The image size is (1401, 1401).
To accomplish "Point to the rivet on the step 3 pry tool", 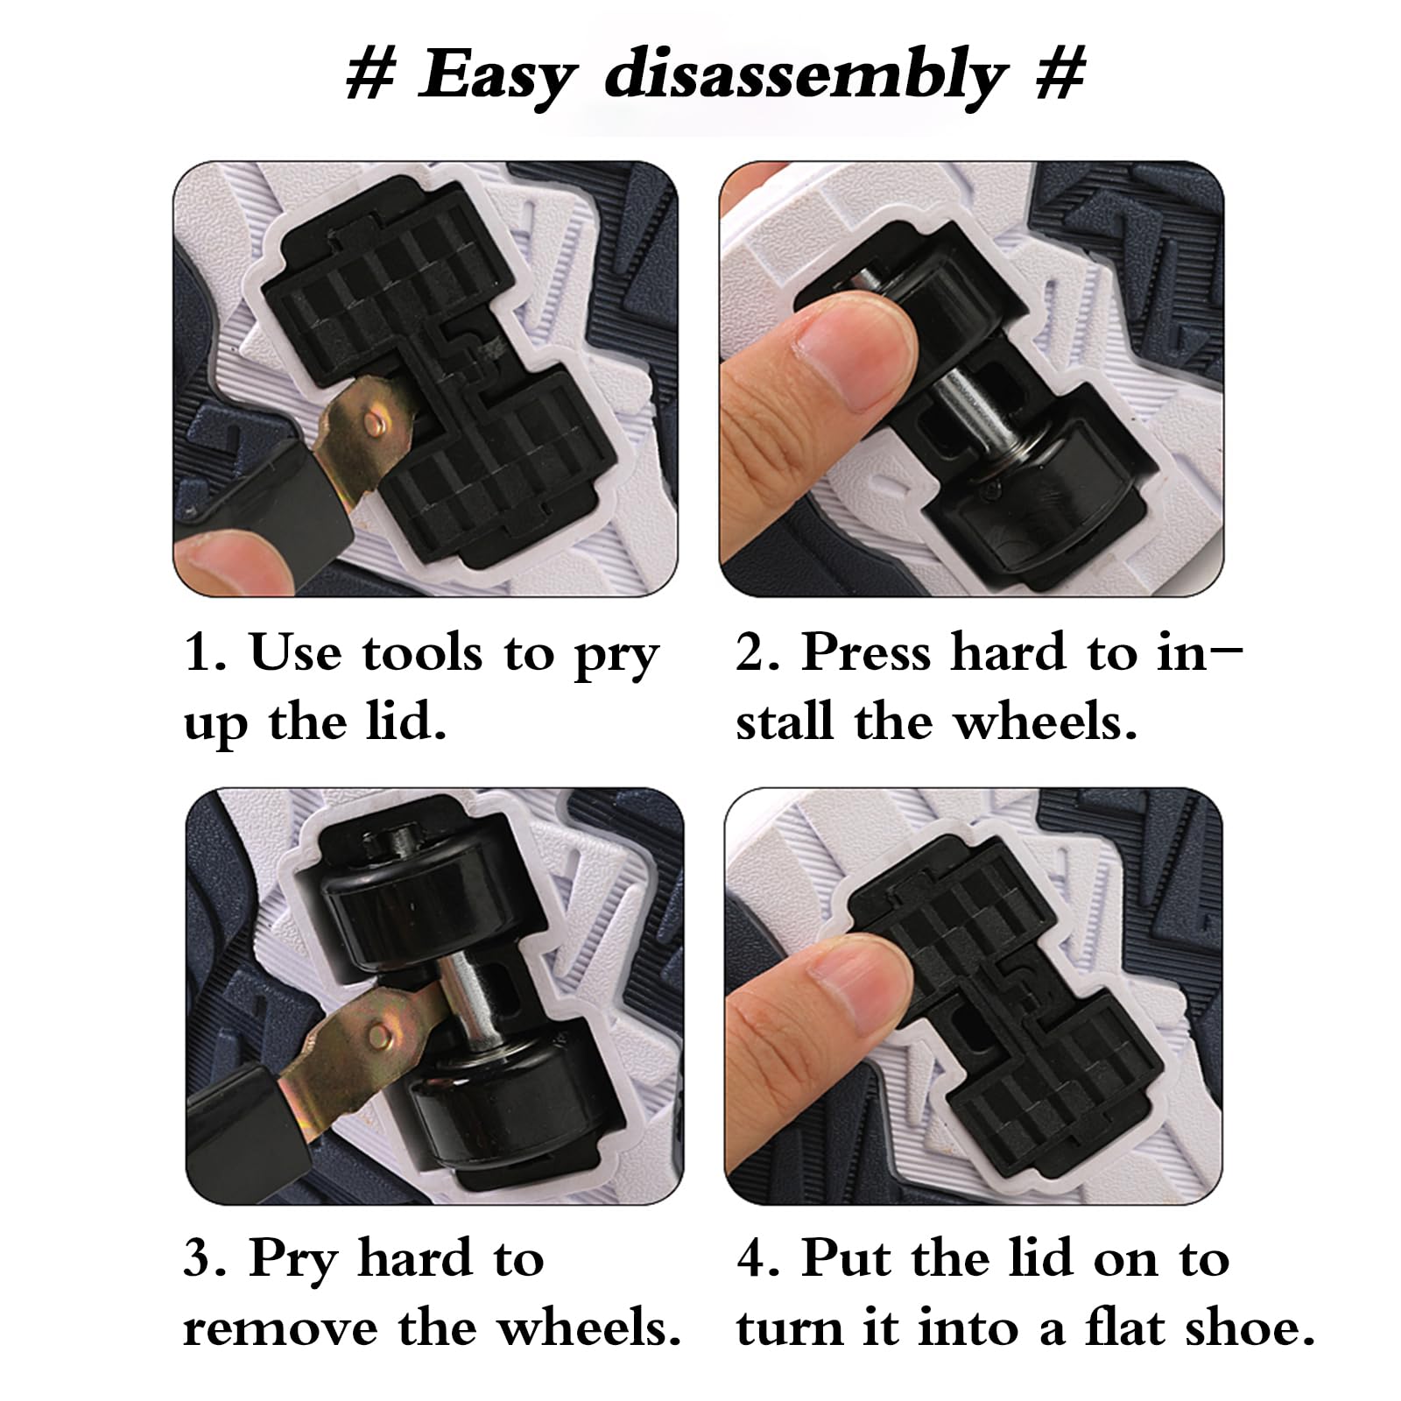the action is tap(379, 1037).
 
